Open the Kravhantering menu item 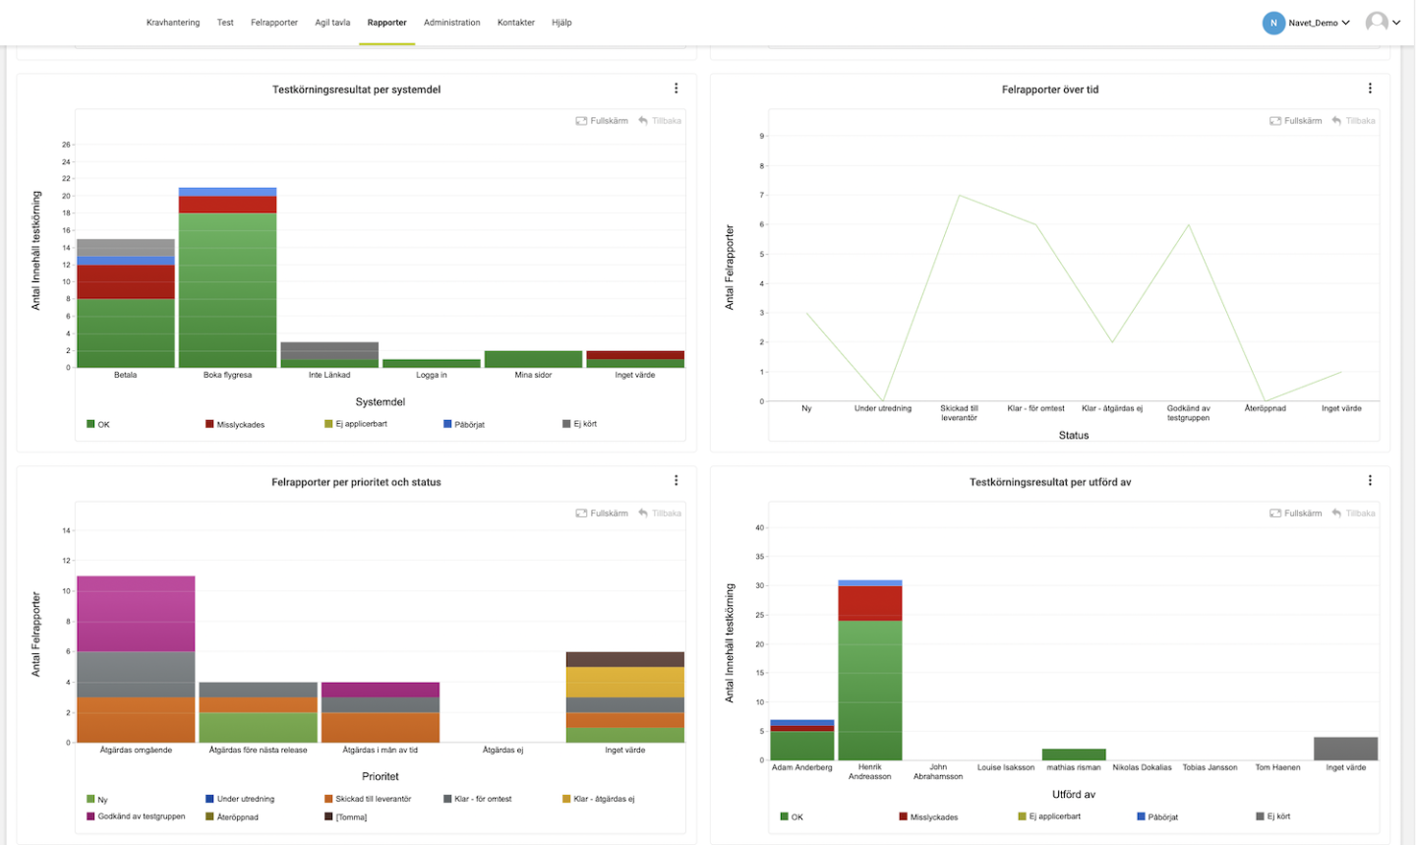[172, 23]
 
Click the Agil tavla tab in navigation [332, 23]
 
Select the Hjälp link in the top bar [561, 23]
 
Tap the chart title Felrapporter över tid [1049, 90]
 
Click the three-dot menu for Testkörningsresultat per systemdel [676, 89]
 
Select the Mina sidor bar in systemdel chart [533, 359]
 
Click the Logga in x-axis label [431, 375]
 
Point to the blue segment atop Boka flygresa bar [226, 192]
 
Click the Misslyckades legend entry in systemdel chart [235, 425]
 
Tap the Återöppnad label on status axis [1265, 408]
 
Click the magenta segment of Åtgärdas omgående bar [136, 614]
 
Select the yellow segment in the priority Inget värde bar [624, 683]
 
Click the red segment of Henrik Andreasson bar [869, 603]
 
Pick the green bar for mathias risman [1073, 754]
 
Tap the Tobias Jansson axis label [1209, 767]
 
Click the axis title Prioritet [380, 776]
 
